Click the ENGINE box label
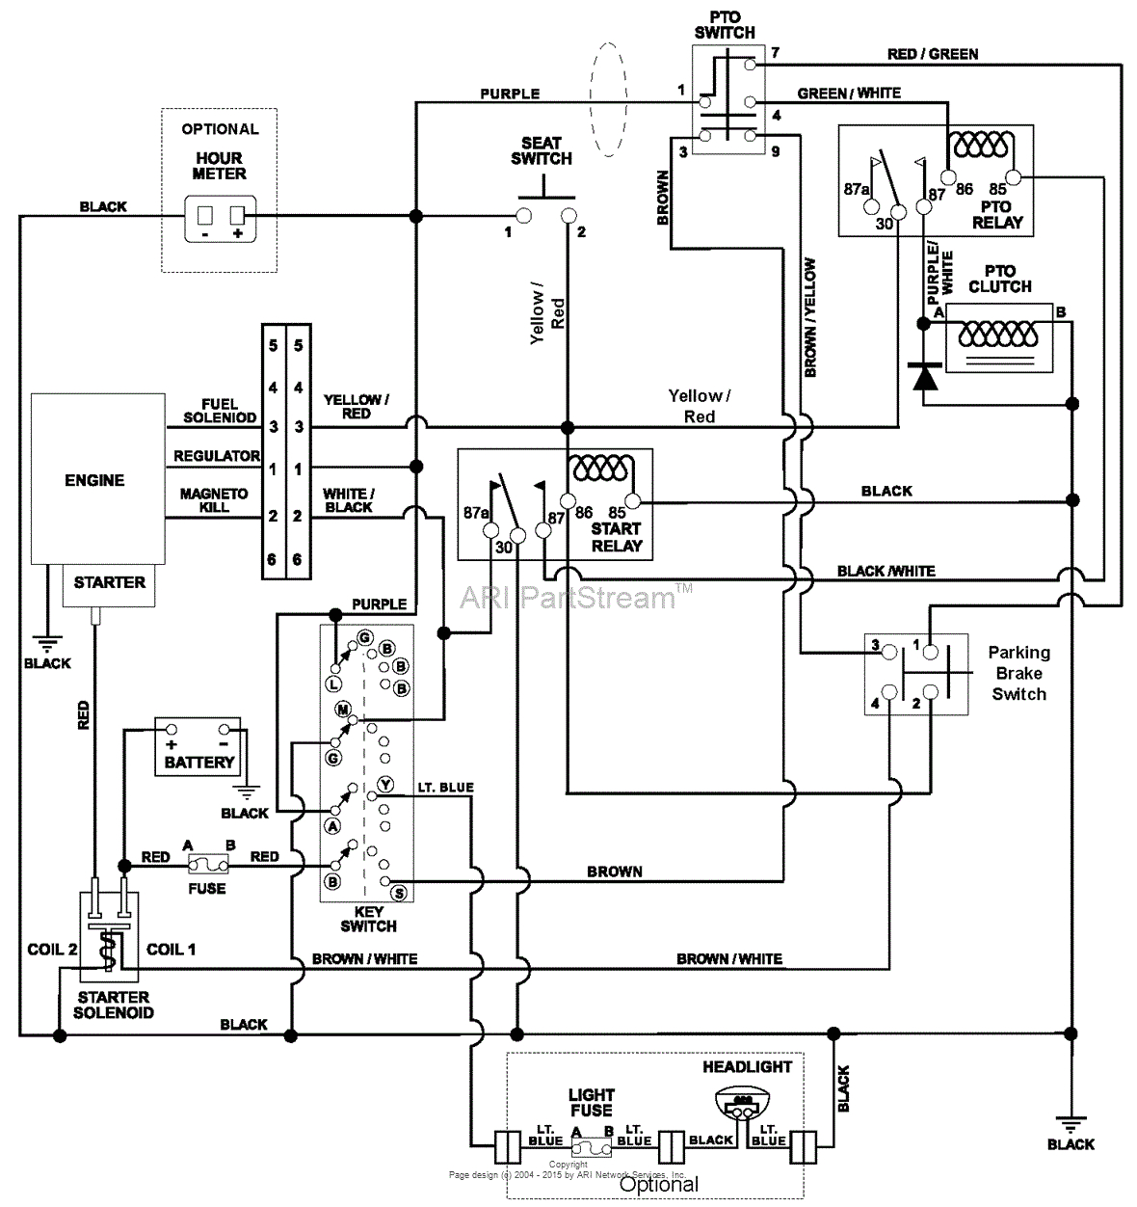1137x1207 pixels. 94,480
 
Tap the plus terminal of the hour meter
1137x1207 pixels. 237,216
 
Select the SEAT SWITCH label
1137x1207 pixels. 542,151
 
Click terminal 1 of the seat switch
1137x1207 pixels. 523,214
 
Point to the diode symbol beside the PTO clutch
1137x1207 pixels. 925,376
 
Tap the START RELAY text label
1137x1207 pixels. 616,537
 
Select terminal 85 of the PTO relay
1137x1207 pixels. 1023,176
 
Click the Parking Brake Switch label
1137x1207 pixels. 1018,673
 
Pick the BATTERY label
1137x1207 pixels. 199,762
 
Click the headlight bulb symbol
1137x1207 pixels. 741,1104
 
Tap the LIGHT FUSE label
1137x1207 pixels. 591,1102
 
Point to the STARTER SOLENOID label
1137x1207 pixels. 113,1005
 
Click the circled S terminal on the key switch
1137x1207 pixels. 399,894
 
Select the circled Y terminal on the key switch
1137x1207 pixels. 385,785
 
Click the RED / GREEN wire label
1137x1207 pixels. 932,54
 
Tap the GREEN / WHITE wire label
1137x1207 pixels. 849,94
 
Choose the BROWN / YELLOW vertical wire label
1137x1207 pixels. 809,317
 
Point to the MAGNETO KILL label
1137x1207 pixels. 214,499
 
